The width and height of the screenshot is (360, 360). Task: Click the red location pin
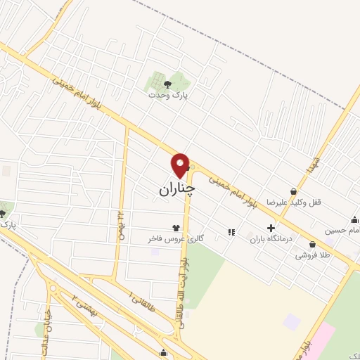pyautogui.click(x=181, y=165)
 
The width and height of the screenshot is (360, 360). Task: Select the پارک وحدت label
pyautogui.click(x=174, y=95)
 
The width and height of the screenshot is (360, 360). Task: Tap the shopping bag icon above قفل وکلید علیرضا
pyautogui.click(x=293, y=191)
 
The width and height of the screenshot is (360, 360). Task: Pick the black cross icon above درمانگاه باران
pyautogui.click(x=271, y=228)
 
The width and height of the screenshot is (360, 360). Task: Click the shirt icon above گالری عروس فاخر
pyautogui.click(x=176, y=228)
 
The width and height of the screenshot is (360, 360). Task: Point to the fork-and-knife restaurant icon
pyautogui.click(x=231, y=231)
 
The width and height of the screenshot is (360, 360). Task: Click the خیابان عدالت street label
pyautogui.click(x=47, y=335)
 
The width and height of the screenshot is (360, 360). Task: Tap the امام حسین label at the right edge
pyautogui.click(x=343, y=230)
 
